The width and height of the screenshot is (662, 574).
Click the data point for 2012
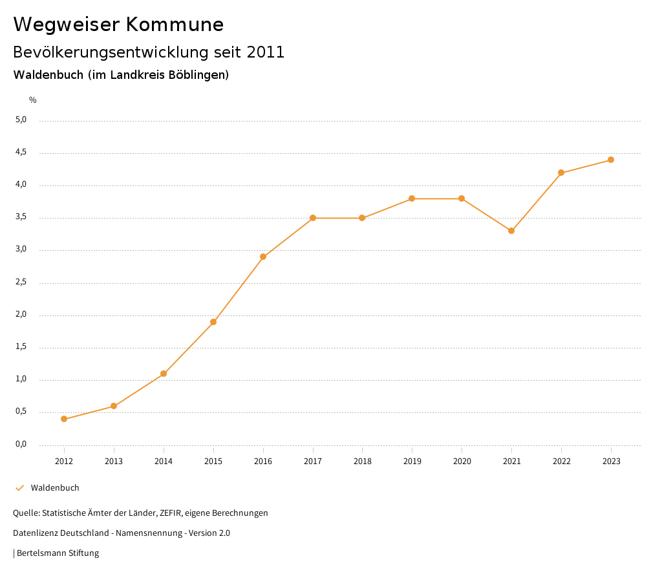click(64, 419)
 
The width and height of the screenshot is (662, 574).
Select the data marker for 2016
click(263, 257)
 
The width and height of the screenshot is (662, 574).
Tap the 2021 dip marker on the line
click(511, 231)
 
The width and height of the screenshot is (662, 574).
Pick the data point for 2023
click(611, 160)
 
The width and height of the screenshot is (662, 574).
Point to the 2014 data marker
click(164, 374)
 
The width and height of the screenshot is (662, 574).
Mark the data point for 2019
click(412, 198)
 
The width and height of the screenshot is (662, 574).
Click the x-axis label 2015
click(213, 462)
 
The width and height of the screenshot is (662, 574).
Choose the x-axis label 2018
click(362, 462)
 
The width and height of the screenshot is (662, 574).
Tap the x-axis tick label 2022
click(561, 462)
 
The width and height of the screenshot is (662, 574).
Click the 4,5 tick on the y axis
click(21, 153)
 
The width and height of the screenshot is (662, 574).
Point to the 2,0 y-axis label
click(21, 315)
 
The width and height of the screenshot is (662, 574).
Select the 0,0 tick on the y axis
click(21, 444)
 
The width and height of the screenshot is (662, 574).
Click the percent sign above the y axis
click(33, 100)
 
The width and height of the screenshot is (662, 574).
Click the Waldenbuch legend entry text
click(55, 488)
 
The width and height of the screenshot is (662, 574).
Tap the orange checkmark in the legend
click(19, 488)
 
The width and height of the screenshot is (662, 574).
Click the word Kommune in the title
click(175, 25)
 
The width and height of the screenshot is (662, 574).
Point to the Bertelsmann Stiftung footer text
click(58, 553)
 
